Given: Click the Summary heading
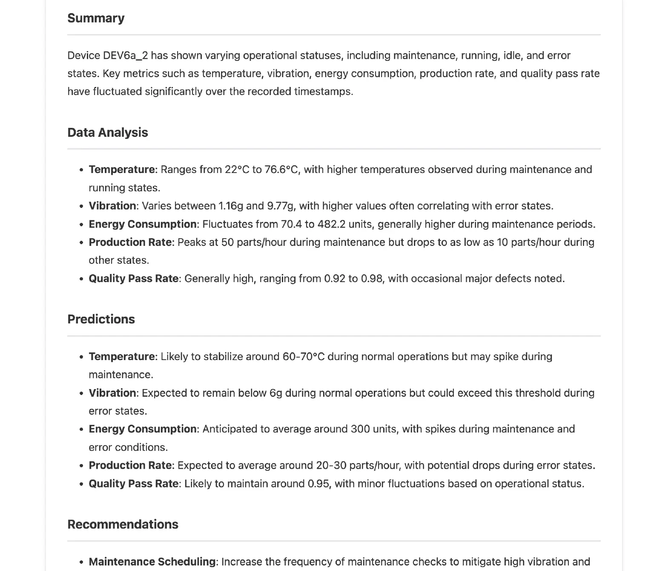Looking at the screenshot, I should click(96, 18).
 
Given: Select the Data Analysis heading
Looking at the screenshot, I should click(107, 133).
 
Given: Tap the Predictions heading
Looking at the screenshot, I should click(101, 319).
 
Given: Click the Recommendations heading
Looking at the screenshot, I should click(123, 524).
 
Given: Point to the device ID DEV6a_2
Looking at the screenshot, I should click(125, 55).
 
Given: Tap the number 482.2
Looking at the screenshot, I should click(331, 224).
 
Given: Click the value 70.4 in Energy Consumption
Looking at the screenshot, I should click(291, 224).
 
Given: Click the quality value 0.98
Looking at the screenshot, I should click(371, 279).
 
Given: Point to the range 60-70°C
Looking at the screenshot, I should click(304, 357).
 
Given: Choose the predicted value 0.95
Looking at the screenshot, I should click(318, 484).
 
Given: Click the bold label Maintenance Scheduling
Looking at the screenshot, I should click(152, 562).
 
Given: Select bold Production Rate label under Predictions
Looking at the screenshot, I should click(130, 465).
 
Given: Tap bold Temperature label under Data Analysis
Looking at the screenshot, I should click(122, 170).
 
